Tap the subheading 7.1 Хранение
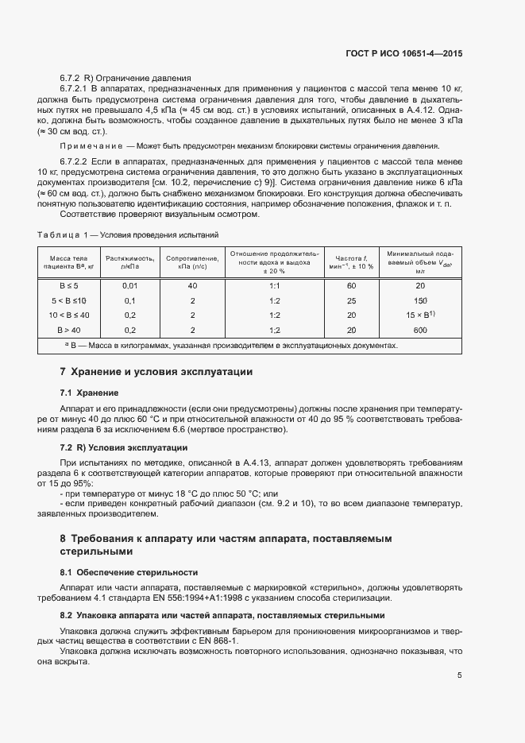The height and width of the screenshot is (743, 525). coord(89,393)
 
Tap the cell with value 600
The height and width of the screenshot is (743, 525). coord(421,329)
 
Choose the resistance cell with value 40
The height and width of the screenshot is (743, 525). coord(192,285)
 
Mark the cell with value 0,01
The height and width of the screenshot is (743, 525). coord(130,285)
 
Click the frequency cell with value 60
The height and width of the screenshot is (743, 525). coord(351,285)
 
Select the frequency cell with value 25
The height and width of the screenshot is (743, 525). coord(351,300)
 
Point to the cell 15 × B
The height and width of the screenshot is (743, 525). coord(419,315)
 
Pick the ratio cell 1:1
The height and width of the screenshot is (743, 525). coord(275,285)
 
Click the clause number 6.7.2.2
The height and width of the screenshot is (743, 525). coord(78,161)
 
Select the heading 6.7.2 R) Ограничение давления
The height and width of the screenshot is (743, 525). coord(125,78)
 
